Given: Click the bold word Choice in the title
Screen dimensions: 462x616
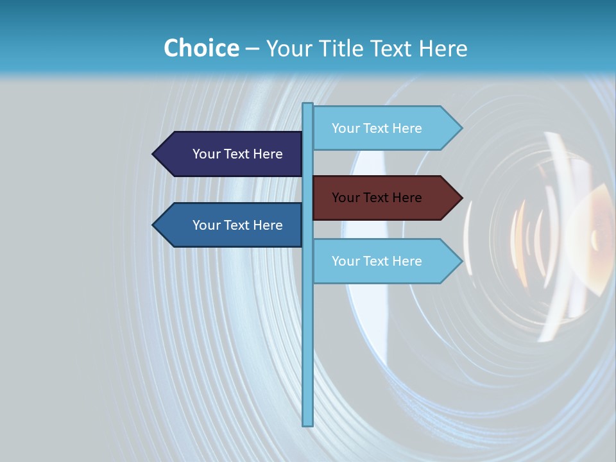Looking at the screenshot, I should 201,49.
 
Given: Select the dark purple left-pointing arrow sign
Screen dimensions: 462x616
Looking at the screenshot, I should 228,154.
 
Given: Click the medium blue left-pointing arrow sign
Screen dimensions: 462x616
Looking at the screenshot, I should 228,225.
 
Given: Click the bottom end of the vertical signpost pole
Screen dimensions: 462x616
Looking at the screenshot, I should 308,424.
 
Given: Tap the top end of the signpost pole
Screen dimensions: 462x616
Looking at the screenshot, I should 308,105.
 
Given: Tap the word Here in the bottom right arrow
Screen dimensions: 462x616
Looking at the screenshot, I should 407,261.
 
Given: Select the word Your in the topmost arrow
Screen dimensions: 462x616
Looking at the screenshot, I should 346,128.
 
